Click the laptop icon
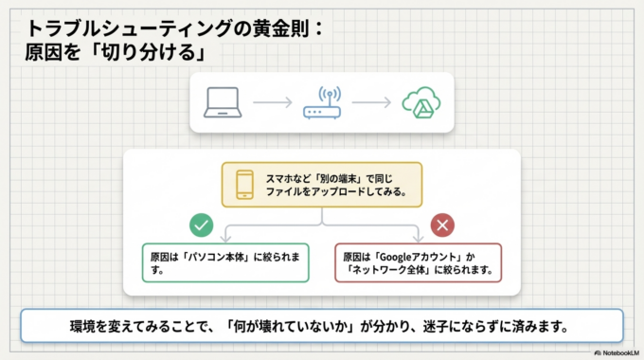click(225, 103)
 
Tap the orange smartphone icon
click(244, 185)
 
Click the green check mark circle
click(201, 225)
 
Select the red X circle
click(441, 225)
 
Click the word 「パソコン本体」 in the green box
click(219, 257)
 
